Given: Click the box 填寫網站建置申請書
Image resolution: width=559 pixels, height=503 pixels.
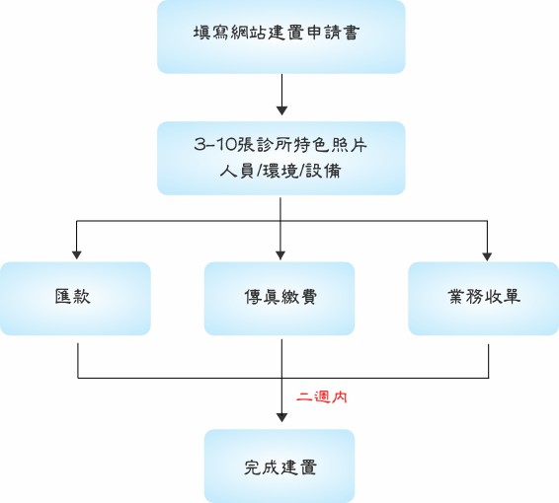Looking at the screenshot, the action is (x=281, y=36).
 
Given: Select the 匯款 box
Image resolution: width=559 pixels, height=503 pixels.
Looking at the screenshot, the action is (x=75, y=298).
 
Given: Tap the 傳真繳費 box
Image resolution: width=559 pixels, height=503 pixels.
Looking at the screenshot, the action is (x=279, y=298).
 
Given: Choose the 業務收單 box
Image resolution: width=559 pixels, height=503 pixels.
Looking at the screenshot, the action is (x=483, y=298).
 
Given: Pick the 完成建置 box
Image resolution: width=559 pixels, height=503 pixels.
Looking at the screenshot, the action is (x=279, y=466).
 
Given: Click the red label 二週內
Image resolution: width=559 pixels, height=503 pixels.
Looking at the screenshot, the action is (x=322, y=396).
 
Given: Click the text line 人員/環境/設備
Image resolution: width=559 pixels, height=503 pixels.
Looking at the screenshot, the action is (x=280, y=172).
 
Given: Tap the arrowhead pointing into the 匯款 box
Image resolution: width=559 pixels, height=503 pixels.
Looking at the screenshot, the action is (x=77, y=254).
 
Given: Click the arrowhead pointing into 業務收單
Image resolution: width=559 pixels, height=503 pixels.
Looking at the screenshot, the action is (x=487, y=256).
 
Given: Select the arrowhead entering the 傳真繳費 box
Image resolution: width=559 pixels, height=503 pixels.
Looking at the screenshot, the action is (x=280, y=254).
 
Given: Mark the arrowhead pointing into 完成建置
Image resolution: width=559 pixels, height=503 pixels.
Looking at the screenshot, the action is (x=282, y=417).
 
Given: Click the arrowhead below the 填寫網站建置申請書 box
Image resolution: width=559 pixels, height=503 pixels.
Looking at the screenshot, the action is (x=282, y=110).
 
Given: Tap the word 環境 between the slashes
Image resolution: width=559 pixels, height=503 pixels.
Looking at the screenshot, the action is (x=280, y=172).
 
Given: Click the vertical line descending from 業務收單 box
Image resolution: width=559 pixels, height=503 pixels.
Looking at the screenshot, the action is (x=488, y=361).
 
